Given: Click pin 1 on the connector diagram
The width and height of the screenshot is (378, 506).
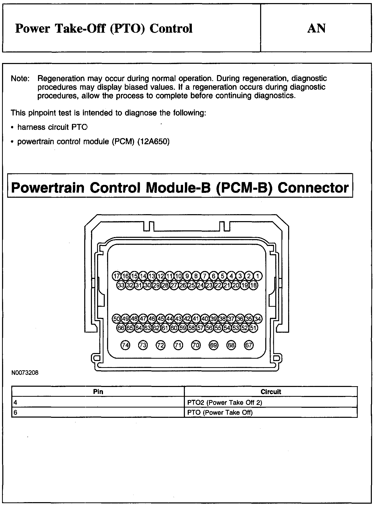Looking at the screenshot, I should tap(258, 276).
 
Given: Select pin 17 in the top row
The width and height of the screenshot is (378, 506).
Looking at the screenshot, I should tap(117, 276).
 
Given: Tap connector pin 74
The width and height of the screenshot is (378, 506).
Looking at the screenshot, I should tap(125, 345).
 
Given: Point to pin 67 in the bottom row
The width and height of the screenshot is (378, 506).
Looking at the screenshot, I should tap(249, 345).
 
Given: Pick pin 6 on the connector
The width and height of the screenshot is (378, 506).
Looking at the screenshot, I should tap(213, 276).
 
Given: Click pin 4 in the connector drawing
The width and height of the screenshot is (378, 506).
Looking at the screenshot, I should tap(231, 276).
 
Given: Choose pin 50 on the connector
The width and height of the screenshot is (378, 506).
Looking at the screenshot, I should tap(117, 319).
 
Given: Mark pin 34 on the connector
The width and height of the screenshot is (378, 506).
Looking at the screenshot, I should tap(258, 319).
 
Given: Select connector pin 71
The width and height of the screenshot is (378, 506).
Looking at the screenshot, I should tap(178, 345).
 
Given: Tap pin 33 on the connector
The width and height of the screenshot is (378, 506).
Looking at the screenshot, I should tap(121, 285).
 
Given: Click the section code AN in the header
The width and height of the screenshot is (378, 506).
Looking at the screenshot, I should tap(316, 29).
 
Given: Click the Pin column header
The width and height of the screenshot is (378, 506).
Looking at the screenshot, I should tap(98, 392).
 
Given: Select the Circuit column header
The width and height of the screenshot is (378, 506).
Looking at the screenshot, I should tap(271, 392).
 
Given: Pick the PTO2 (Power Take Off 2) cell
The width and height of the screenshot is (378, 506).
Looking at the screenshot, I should tap(225, 402).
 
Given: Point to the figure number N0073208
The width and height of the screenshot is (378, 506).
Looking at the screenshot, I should tap(25, 373).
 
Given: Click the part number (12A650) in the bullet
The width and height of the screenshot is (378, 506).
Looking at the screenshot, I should tap(154, 142).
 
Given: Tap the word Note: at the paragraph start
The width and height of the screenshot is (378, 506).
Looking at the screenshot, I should tap(21, 78).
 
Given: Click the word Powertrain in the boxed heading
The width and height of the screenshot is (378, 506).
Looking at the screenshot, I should tap(48, 188).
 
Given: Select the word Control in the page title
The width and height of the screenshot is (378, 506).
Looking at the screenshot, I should tap(171, 29).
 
